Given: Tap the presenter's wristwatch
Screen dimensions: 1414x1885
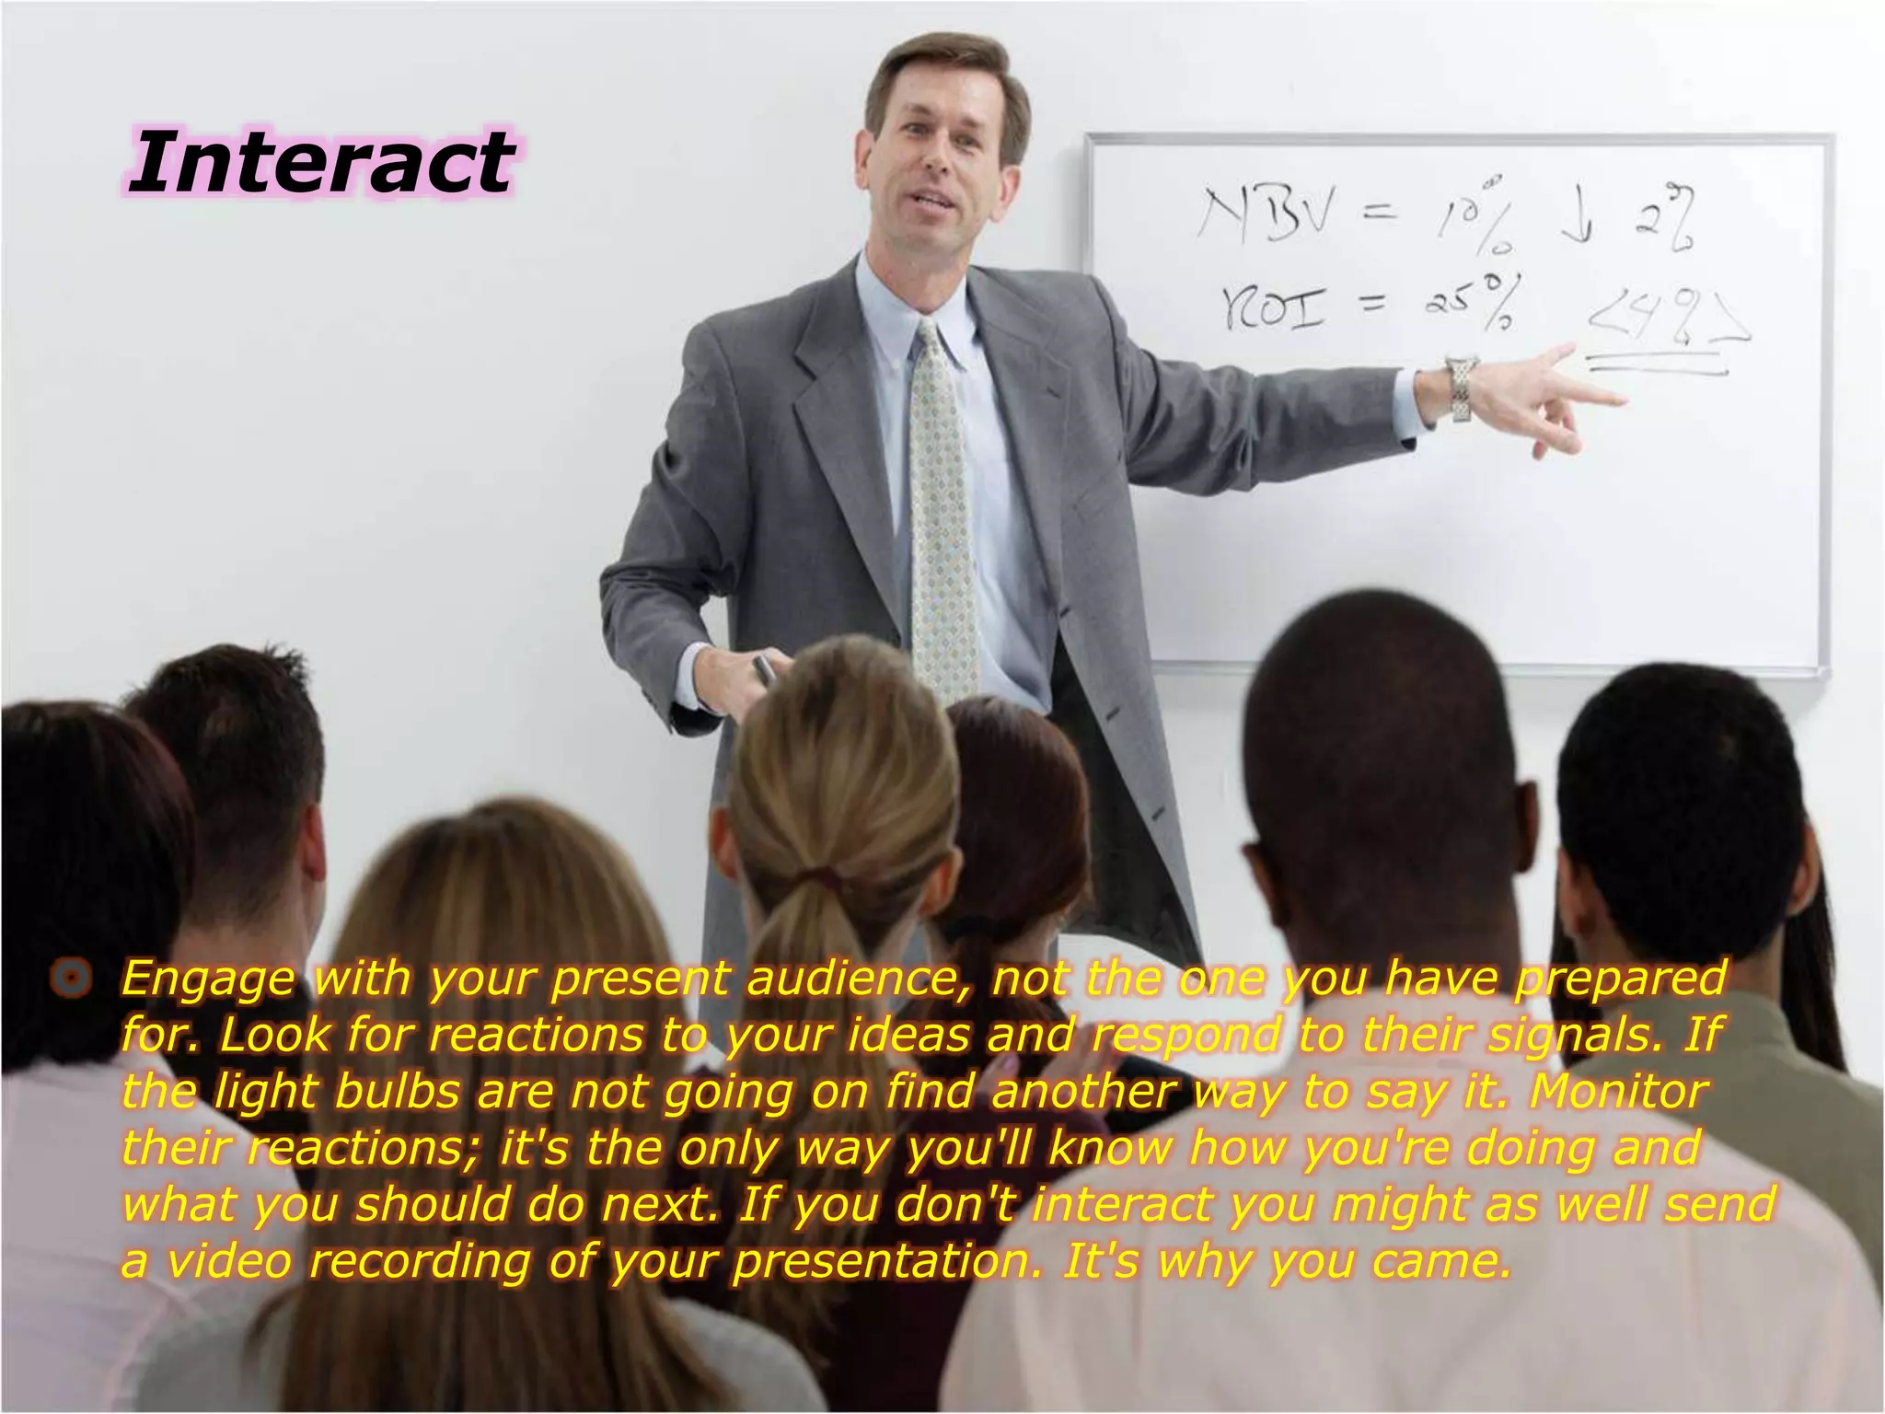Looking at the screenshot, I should tap(1460, 389).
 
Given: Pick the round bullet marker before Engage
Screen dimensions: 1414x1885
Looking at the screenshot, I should tap(72, 978).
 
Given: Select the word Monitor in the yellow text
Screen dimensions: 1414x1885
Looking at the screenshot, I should tap(1618, 1092).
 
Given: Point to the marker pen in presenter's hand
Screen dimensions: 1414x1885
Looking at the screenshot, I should tap(764, 669).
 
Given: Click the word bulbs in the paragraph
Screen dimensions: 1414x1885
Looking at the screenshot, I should tap(397, 1092).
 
